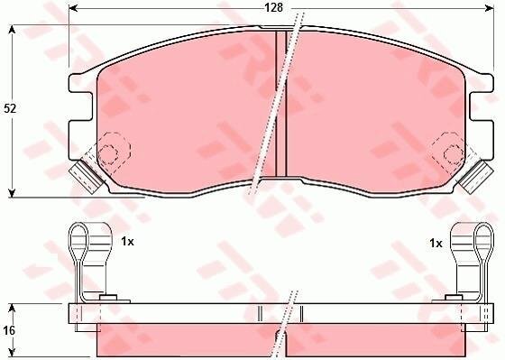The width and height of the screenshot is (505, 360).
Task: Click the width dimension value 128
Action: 273,8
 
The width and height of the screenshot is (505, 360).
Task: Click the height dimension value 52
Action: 10,108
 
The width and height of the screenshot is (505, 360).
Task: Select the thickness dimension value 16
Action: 9,330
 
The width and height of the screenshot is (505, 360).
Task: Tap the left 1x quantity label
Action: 127,242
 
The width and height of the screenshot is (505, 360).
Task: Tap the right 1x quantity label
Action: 436,244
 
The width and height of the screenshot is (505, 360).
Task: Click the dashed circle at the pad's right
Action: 454,153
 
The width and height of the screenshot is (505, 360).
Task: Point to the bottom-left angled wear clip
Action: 86,177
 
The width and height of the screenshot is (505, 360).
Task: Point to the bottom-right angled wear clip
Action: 476,177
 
